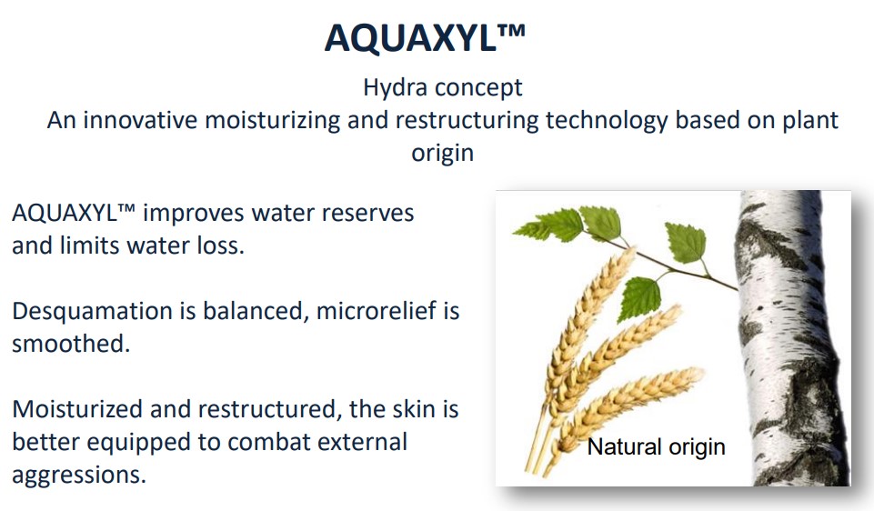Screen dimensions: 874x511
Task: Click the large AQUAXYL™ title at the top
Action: tap(425, 37)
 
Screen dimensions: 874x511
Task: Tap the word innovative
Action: tap(140, 120)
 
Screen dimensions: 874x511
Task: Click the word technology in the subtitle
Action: tap(607, 121)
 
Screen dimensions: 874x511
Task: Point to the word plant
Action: tap(810, 121)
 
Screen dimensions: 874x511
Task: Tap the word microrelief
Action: tap(377, 310)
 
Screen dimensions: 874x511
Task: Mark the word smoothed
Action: tap(71, 344)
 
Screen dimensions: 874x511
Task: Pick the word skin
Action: tap(414, 409)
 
